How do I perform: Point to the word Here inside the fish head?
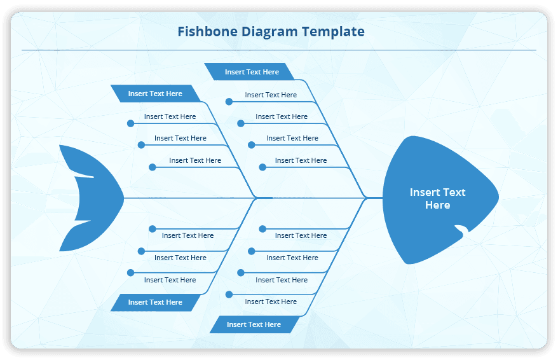point(437,205)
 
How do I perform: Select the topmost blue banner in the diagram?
point(251,72)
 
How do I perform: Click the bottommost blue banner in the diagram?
point(254,324)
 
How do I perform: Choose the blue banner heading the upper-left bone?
point(155,93)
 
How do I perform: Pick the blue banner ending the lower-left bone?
point(155,302)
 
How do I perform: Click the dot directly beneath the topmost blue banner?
point(229,101)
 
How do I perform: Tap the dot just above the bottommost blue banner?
point(229,294)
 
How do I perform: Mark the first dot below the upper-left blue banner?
point(130,123)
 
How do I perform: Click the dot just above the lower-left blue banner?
point(130,273)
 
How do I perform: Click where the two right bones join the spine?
point(367,198)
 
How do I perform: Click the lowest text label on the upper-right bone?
point(301,160)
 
